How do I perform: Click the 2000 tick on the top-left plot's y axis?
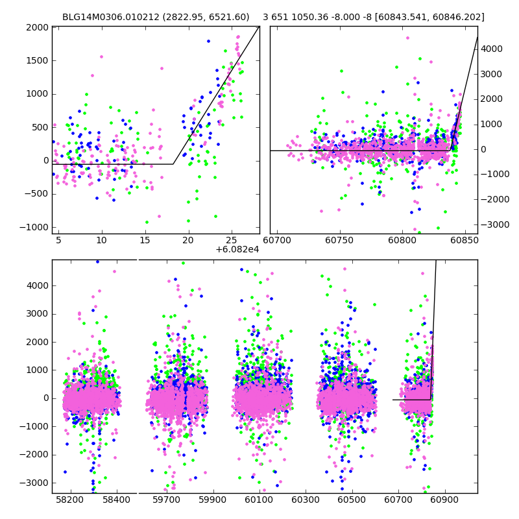[x=38, y=27]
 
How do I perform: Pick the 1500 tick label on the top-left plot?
[x=38, y=60]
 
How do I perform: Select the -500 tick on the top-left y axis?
[x=38, y=194]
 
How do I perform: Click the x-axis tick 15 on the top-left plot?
[x=145, y=240]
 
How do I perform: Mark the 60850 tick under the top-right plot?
[x=463, y=240]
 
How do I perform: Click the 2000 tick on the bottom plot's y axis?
[x=38, y=341]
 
